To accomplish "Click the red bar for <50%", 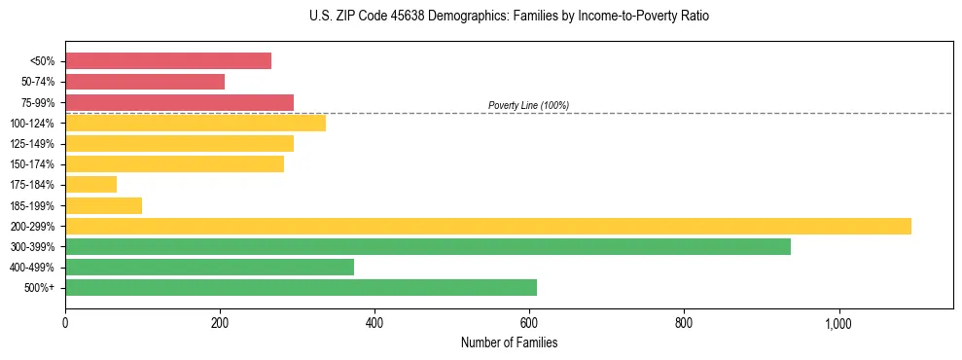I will point(168,61).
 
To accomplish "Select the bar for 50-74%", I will point(145,82).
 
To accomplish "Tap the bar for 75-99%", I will point(179,102).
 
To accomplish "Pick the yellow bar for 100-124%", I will point(196,123).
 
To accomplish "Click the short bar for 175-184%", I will point(90,185).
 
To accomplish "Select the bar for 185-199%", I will point(103,205).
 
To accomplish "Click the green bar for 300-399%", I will point(428,246).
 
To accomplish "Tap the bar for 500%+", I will point(301,287).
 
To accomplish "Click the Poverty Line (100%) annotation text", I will point(528,105).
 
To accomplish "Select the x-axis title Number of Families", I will point(509,342).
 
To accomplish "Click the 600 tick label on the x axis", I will point(529,322).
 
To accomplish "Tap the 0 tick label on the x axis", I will point(65,322).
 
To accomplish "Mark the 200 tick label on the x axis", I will point(220,322).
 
